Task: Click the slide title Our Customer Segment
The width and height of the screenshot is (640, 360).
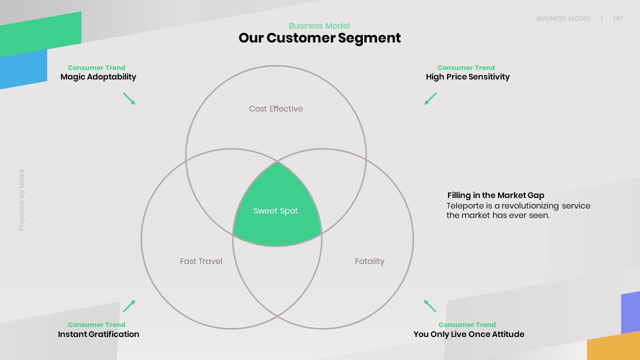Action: point(319,38)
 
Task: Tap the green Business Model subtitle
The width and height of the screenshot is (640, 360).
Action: point(319,26)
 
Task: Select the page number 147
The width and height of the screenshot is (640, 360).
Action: point(617,18)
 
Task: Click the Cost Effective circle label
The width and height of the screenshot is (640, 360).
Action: point(276,108)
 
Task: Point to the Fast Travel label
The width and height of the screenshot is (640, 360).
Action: point(201,261)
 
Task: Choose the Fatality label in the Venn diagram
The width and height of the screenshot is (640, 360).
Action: point(369,261)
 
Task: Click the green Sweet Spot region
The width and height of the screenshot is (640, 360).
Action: point(275,211)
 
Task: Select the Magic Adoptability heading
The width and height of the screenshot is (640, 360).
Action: point(98,77)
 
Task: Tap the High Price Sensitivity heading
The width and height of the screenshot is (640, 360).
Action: point(467,77)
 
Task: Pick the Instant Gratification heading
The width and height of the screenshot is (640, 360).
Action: point(98,334)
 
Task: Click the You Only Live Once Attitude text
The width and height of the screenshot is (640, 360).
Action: point(469,334)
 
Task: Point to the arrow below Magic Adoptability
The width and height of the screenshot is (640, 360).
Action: point(129,98)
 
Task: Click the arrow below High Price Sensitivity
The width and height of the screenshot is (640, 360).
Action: point(430,98)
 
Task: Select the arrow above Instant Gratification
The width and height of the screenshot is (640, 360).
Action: point(129,306)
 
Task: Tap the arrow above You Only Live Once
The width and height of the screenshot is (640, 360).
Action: point(430,306)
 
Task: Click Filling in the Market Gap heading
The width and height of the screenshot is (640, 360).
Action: point(495,195)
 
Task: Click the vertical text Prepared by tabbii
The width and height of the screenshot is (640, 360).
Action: point(21,200)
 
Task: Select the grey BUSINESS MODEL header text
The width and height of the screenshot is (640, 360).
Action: point(563,18)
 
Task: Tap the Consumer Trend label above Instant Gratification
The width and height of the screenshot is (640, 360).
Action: point(96,324)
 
